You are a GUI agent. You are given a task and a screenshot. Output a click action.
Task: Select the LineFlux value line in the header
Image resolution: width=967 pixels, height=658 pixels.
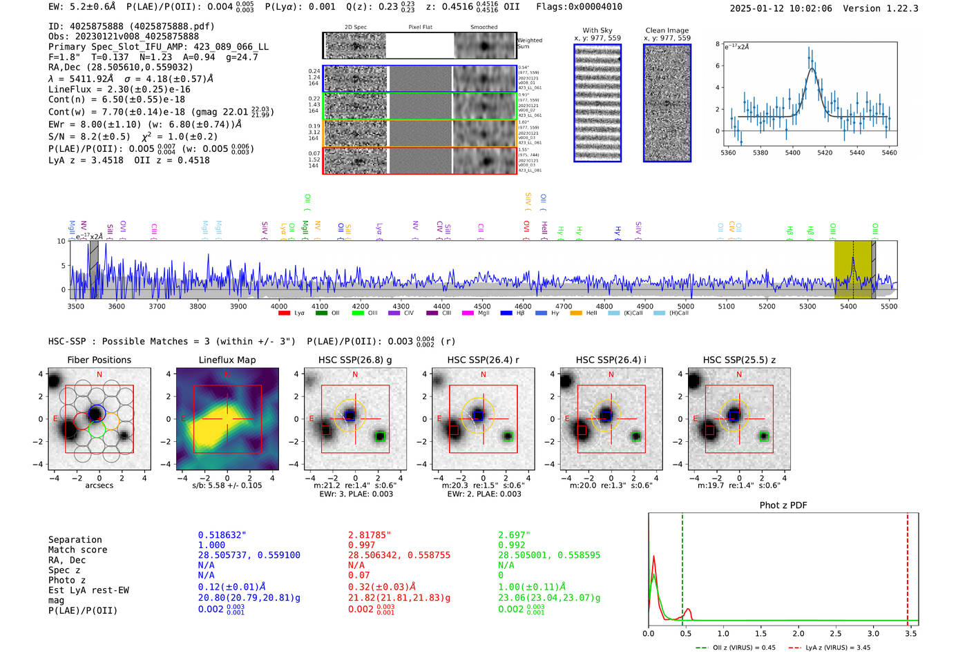(119, 89)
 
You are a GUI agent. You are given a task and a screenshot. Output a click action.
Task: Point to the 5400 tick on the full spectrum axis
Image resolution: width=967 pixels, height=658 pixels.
(848, 306)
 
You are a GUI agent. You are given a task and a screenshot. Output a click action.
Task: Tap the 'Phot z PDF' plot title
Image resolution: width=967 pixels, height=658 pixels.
(783, 505)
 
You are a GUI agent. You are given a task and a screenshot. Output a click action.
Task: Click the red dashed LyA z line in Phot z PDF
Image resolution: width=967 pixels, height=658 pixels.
(908, 566)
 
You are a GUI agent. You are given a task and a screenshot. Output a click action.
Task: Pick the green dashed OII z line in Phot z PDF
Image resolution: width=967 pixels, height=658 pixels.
(682, 566)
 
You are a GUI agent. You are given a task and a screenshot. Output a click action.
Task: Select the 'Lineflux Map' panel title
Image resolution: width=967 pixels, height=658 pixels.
(227, 360)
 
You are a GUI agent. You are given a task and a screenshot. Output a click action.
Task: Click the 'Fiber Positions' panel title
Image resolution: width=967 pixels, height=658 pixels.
(99, 360)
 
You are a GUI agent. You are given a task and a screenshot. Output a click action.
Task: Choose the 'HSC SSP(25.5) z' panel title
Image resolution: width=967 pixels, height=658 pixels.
(739, 360)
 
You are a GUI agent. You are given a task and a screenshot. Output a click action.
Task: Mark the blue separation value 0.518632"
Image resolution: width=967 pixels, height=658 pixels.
(222, 535)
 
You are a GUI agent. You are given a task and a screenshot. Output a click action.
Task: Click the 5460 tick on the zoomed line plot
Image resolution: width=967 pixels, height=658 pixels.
(889, 153)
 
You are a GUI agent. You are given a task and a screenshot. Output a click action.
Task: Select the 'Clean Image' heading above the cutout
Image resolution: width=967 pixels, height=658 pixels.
(667, 30)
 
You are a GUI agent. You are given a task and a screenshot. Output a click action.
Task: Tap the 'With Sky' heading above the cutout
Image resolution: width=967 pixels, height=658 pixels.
(597, 30)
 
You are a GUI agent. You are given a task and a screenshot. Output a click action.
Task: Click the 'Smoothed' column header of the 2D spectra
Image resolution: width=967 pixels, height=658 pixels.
(483, 27)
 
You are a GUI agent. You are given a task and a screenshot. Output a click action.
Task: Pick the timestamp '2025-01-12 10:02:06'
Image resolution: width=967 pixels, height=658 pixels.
(781, 8)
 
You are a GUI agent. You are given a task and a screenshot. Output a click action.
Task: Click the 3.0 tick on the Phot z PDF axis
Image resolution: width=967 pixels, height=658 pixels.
(873, 633)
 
